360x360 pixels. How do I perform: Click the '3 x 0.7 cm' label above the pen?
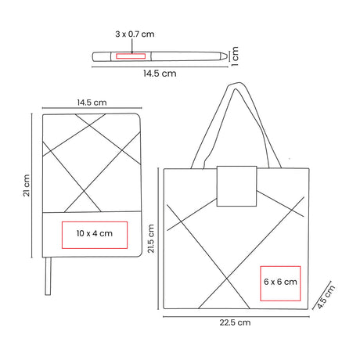(135, 34)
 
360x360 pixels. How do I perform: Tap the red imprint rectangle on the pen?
(131, 56)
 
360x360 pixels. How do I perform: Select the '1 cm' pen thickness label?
(235, 56)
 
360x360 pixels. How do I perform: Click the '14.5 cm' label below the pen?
(160, 74)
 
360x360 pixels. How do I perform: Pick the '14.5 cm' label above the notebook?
(92, 103)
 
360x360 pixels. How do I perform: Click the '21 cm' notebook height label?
(27, 185)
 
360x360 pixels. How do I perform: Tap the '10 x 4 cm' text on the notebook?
(95, 233)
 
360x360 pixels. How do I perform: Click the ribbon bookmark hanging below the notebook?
(48, 276)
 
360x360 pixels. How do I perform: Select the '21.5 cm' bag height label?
(151, 239)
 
